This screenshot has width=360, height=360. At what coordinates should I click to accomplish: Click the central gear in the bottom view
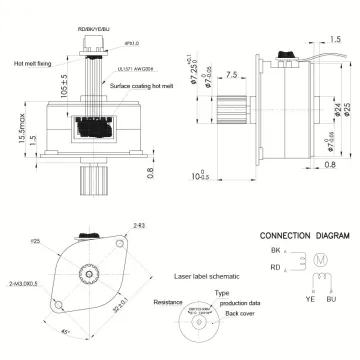[x=90, y=272]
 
